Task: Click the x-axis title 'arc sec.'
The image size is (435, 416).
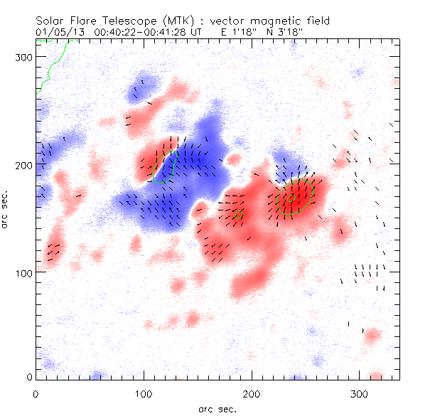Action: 217,408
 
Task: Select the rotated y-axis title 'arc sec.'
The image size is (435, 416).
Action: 9,210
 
